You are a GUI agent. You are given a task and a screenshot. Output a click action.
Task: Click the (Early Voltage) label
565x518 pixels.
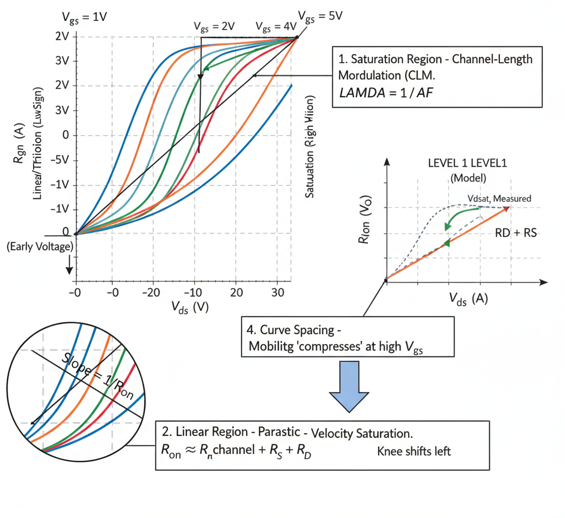pos(39,247)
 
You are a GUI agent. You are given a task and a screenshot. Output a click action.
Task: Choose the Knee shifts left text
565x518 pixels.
pos(414,451)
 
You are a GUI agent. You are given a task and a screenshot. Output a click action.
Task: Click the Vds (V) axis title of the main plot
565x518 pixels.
pos(189,307)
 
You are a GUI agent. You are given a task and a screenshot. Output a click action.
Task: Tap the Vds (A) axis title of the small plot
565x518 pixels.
pos(465,300)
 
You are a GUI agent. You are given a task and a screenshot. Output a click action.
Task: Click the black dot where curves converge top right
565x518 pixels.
pos(297,38)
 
